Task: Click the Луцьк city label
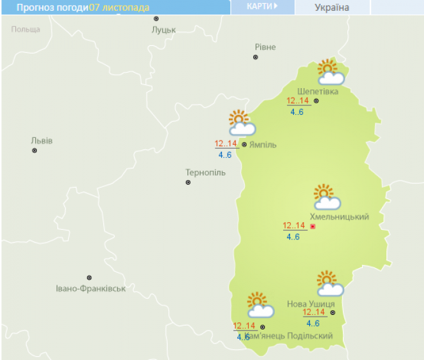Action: pos(164,30)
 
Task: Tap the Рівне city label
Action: pos(265,47)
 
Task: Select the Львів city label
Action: pos(41,140)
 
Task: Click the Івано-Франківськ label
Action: pos(91,289)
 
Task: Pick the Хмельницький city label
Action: pos(339,217)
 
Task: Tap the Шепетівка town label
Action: pos(318,91)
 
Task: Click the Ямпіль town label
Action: pos(263,145)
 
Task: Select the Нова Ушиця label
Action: pos(311,304)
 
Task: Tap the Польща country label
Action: pos(26,29)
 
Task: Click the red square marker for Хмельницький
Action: pos(312,227)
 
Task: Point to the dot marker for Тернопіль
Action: pos(188,183)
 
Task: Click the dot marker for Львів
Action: pos(34,151)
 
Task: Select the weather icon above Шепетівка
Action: pos(330,72)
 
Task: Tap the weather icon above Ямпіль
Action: pos(242,123)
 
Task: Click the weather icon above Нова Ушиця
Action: pos(330,284)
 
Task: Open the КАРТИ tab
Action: pos(262,7)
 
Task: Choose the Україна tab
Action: pos(332,8)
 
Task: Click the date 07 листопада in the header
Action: pos(119,8)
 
